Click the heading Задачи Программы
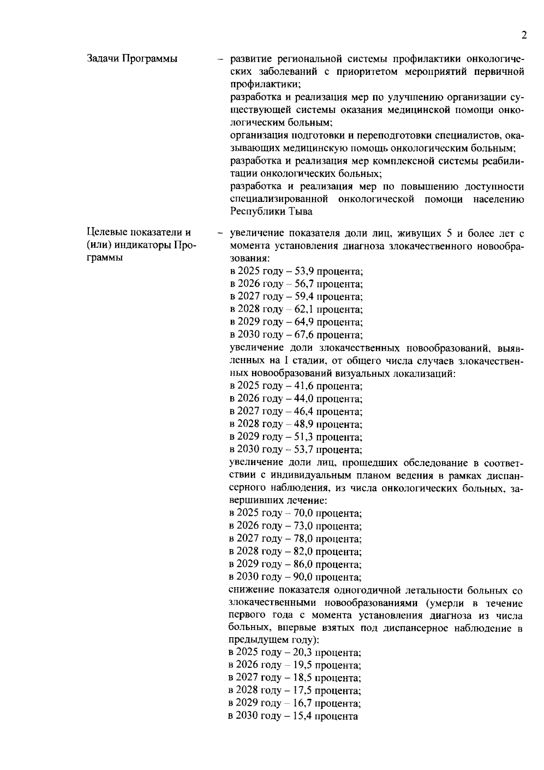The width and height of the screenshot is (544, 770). pos(132,59)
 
